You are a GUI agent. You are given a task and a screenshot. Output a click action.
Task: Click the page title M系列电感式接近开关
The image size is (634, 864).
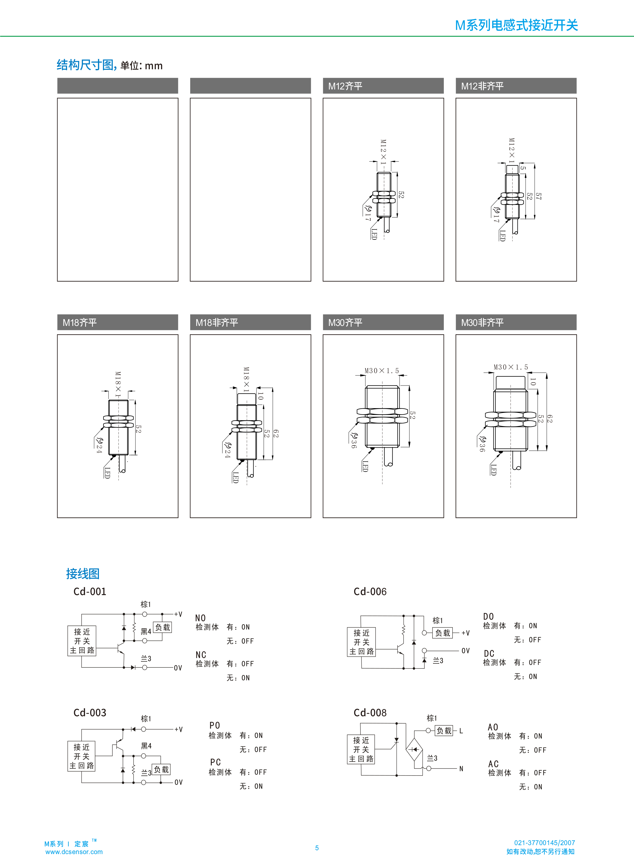coord(516,25)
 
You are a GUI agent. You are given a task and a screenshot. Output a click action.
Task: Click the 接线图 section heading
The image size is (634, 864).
coord(83,574)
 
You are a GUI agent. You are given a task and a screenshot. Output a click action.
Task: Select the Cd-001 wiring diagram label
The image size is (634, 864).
coord(90,592)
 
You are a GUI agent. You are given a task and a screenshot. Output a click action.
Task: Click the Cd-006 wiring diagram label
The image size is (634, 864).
coord(370,592)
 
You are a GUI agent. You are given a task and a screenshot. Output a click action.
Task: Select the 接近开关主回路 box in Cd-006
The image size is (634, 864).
coord(361,642)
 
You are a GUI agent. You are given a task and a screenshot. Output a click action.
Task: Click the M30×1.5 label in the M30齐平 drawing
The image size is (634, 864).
coord(381,371)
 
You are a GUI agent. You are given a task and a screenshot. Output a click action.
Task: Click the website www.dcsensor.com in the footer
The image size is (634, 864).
coord(74,852)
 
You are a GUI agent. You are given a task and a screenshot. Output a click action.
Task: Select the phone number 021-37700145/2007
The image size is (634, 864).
coord(544,843)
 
